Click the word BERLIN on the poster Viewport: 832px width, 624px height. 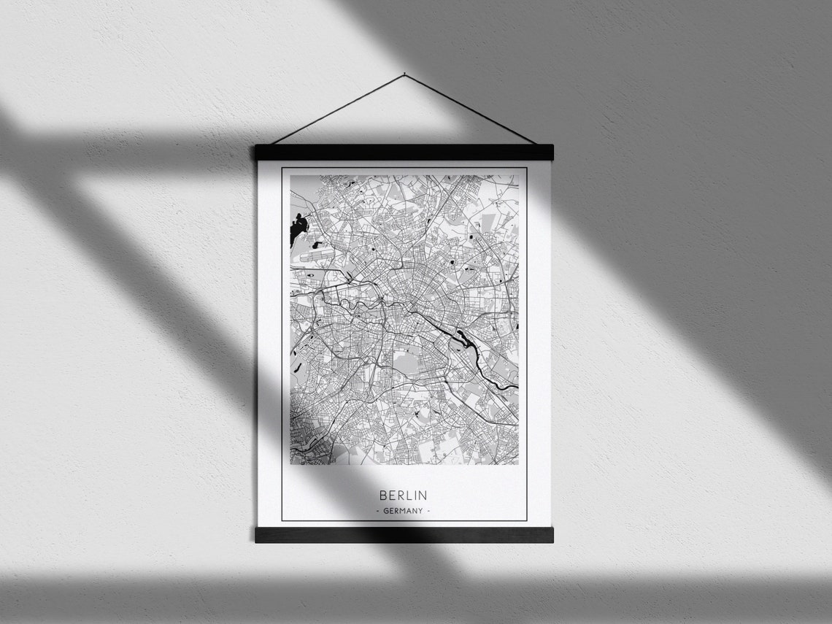tap(403, 496)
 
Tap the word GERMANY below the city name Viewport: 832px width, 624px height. tap(403, 511)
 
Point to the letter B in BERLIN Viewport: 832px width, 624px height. tap(383, 496)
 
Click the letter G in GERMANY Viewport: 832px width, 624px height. tap(386, 511)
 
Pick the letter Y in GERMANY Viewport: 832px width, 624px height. tap(420, 511)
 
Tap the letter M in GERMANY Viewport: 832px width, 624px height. tap(403, 511)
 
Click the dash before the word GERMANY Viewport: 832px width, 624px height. tap(377, 511)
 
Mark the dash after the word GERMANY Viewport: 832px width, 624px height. tap(428, 511)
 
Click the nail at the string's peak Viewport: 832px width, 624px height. tap(404, 74)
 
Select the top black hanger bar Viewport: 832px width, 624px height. tap(404, 153)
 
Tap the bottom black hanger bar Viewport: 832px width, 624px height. tap(404, 535)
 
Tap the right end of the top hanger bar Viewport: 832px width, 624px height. tap(548, 153)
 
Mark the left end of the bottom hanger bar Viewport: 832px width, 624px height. tap(260, 535)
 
